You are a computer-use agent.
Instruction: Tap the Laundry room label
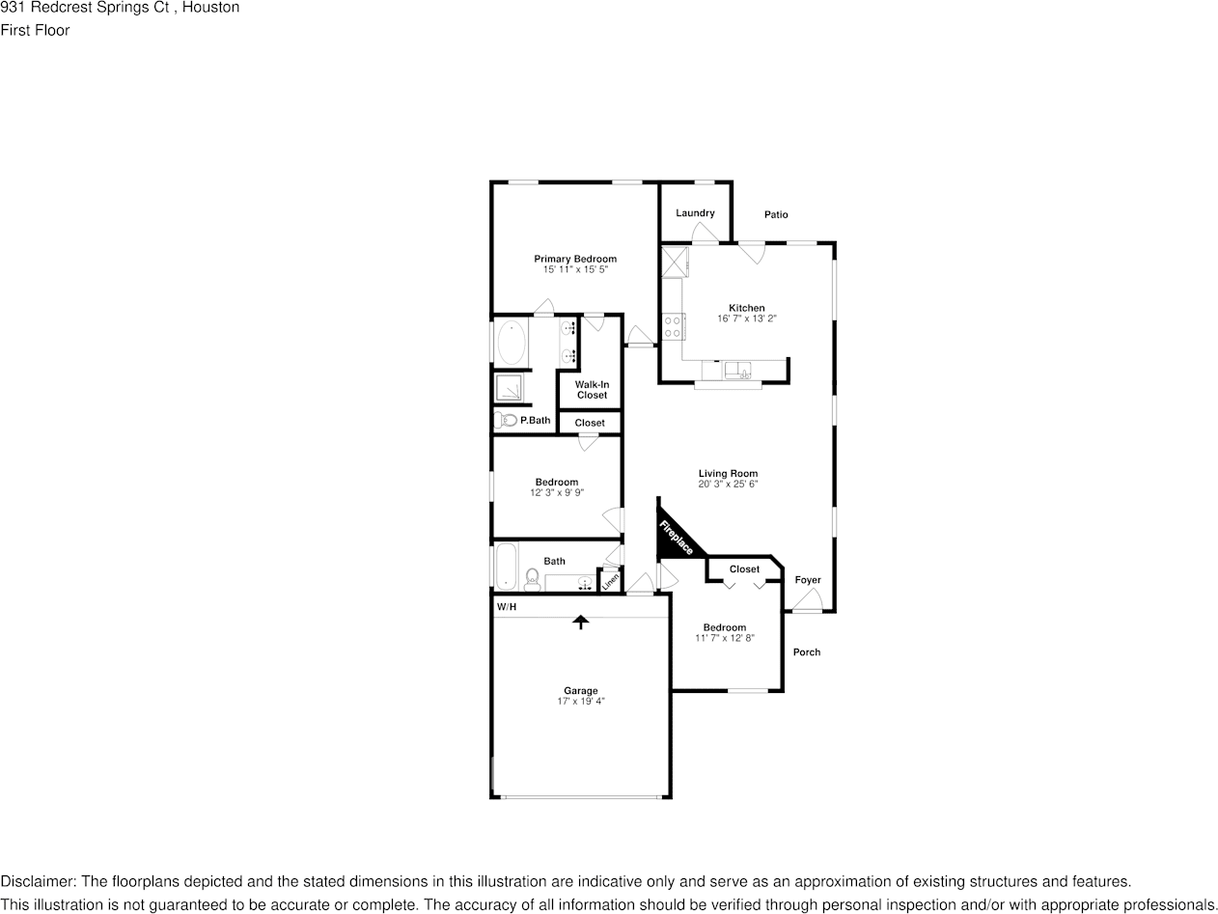pyautogui.click(x=695, y=213)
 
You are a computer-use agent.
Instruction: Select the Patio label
pyautogui.click(x=776, y=214)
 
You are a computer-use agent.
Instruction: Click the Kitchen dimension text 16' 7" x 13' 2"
pyautogui.click(x=746, y=319)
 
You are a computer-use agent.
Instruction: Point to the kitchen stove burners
pyautogui.click(x=673, y=327)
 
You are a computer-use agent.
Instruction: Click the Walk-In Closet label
pyautogui.click(x=592, y=390)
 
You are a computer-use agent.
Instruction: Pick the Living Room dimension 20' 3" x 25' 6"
pyautogui.click(x=728, y=485)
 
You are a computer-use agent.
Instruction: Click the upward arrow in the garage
pyautogui.click(x=581, y=623)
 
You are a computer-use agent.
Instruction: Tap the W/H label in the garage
pyautogui.click(x=507, y=607)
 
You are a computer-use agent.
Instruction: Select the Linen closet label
pyautogui.click(x=610, y=581)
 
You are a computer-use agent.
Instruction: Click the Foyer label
pyautogui.click(x=808, y=580)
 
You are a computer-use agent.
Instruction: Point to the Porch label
pyautogui.click(x=807, y=652)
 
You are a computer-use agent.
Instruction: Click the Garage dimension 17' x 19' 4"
pyautogui.click(x=581, y=702)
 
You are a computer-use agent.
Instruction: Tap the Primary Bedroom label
pyautogui.click(x=575, y=259)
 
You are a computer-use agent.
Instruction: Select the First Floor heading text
pyautogui.click(x=35, y=30)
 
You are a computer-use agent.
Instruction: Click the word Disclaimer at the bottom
pyautogui.click(x=38, y=881)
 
